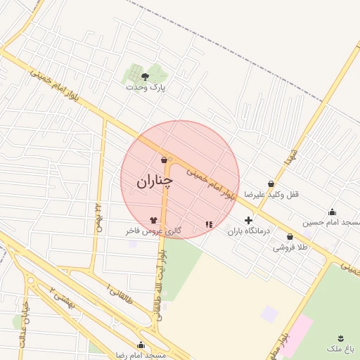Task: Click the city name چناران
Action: (154, 181)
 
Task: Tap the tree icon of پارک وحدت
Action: (146, 75)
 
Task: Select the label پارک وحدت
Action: (146, 87)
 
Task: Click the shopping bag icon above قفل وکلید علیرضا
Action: (271, 184)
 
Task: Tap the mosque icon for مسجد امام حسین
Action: (332, 212)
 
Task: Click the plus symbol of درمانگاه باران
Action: (247, 220)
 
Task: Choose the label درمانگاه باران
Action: (243, 231)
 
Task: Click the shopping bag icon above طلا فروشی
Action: (290, 237)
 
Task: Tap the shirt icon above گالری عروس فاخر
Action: (153, 220)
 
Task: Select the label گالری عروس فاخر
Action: (153, 231)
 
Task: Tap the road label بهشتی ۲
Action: (62, 298)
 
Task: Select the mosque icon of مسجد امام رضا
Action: (141, 345)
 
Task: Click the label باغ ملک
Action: (342, 349)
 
